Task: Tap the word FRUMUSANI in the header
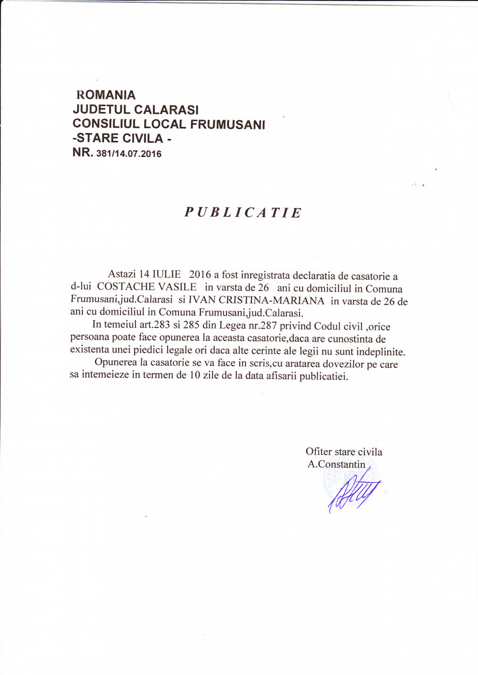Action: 232,124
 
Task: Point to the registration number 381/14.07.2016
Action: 129,154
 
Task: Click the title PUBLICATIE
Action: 243,213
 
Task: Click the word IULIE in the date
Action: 167,274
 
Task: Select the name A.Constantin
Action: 337,464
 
